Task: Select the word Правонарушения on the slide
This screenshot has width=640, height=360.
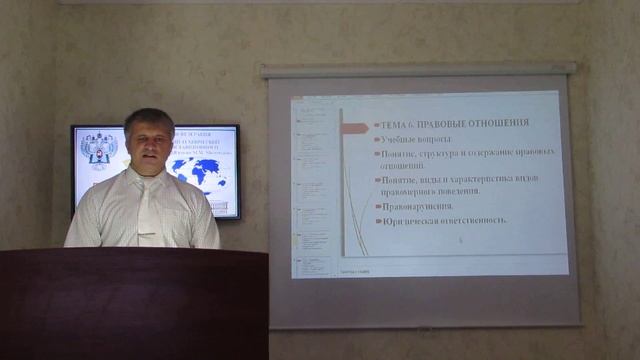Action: (x=416, y=206)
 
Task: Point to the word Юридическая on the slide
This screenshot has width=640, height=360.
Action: (x=409, y=220)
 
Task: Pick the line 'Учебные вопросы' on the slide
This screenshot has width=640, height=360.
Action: (x=416, y=139)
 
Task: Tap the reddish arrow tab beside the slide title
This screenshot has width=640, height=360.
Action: (x=354, y=127)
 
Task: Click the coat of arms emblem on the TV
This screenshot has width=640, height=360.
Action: (x=97, y=149)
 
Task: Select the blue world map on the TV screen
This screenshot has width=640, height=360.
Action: (x=200, y=171)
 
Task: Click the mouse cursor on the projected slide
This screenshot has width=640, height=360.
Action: (x=460, y=240)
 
